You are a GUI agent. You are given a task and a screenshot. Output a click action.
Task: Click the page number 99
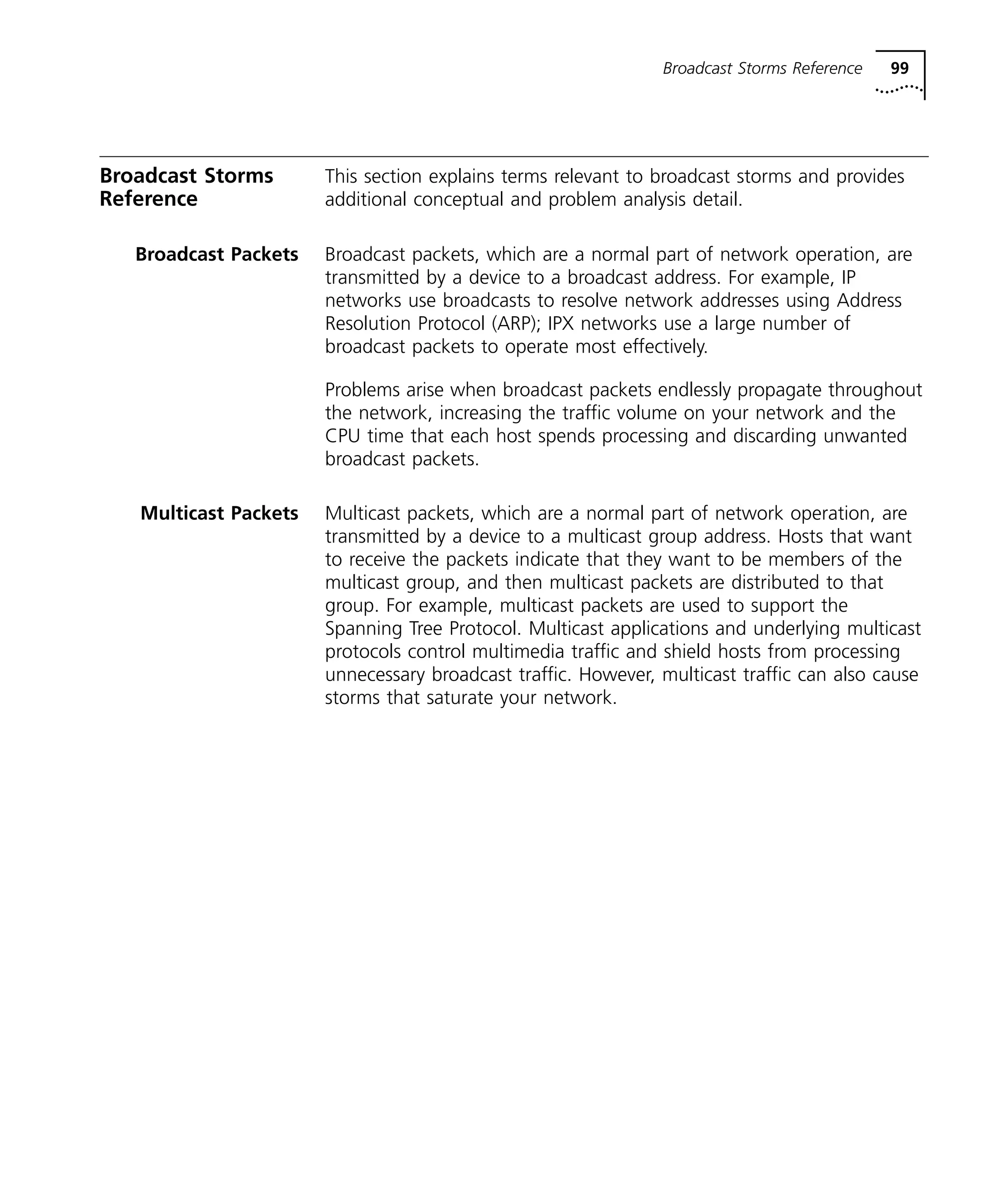899,68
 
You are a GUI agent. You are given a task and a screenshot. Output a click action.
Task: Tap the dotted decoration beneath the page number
898,89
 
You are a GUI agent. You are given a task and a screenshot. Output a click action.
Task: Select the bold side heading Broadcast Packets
216,255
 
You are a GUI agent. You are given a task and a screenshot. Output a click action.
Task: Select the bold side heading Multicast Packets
219,513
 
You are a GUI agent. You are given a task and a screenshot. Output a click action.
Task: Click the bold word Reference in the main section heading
148,199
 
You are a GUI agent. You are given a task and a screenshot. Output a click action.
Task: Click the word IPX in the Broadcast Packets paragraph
561,324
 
